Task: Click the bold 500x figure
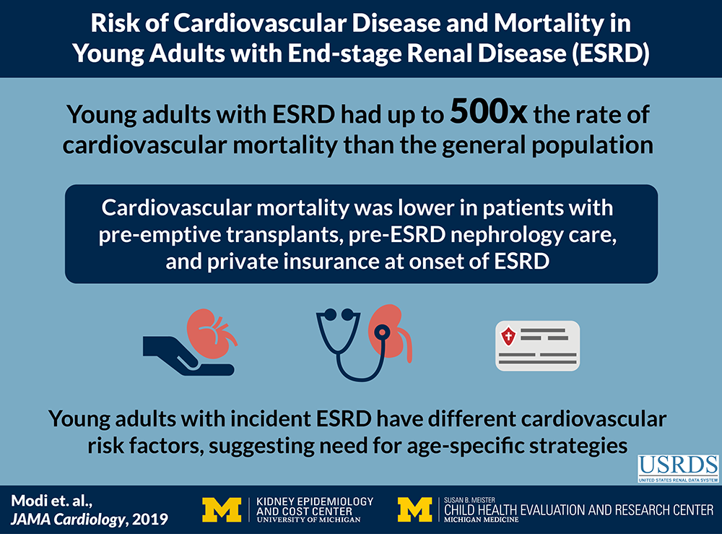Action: tap(489, 112)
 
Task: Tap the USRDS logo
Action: tap(678, 468)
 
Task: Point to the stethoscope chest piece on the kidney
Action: tap(382, 332)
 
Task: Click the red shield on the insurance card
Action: tap(508, 336)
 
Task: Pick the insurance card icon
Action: tap(537, 346)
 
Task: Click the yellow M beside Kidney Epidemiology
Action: tap(222, 509)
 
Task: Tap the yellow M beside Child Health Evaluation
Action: tap(415, 509)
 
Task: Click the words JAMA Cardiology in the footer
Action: tap(66, 520)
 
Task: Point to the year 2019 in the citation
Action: tap(150, 520)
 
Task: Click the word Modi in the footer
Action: tap(27, 501)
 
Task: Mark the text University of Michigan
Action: tap(308, 520)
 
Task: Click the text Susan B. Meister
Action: tap(470, 500)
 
